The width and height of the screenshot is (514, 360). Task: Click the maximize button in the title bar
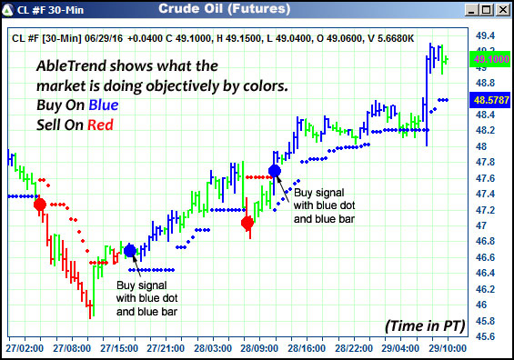485,10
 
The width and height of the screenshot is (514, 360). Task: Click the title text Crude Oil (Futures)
225,10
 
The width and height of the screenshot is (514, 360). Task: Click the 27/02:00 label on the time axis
24,348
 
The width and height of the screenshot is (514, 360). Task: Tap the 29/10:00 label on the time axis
447,348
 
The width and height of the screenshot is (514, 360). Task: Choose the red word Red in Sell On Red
100,125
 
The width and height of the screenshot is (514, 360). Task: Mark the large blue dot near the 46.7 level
129,250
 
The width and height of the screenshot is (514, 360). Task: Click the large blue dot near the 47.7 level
275,170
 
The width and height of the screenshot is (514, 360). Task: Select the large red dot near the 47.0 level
247,223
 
